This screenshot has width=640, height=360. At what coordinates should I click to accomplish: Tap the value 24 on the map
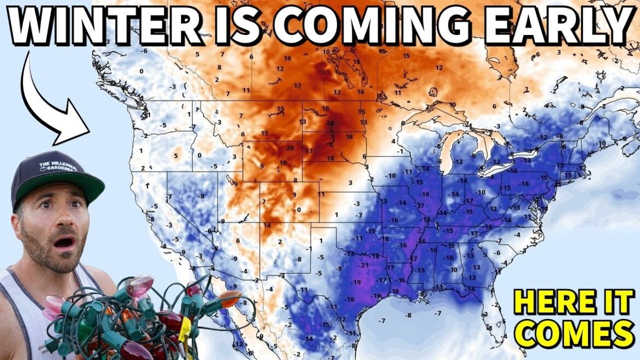coord(329,123)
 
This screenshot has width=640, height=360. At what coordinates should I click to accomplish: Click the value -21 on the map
coord(363,265)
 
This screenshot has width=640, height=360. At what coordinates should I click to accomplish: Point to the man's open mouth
coord(65,241)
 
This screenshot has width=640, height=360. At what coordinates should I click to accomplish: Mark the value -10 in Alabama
coord(453,269)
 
